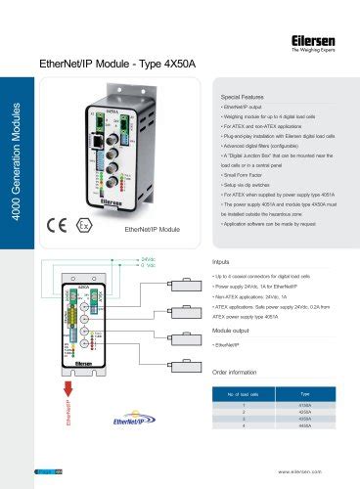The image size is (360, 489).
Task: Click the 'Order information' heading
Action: [242, 372]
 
